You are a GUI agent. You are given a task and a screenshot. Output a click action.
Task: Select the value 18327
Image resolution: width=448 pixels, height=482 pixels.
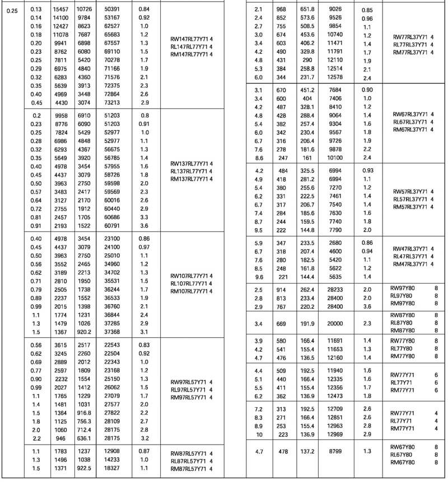coord(112,467)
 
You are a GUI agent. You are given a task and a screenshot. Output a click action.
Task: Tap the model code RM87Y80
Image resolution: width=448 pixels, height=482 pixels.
coord(402,330)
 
